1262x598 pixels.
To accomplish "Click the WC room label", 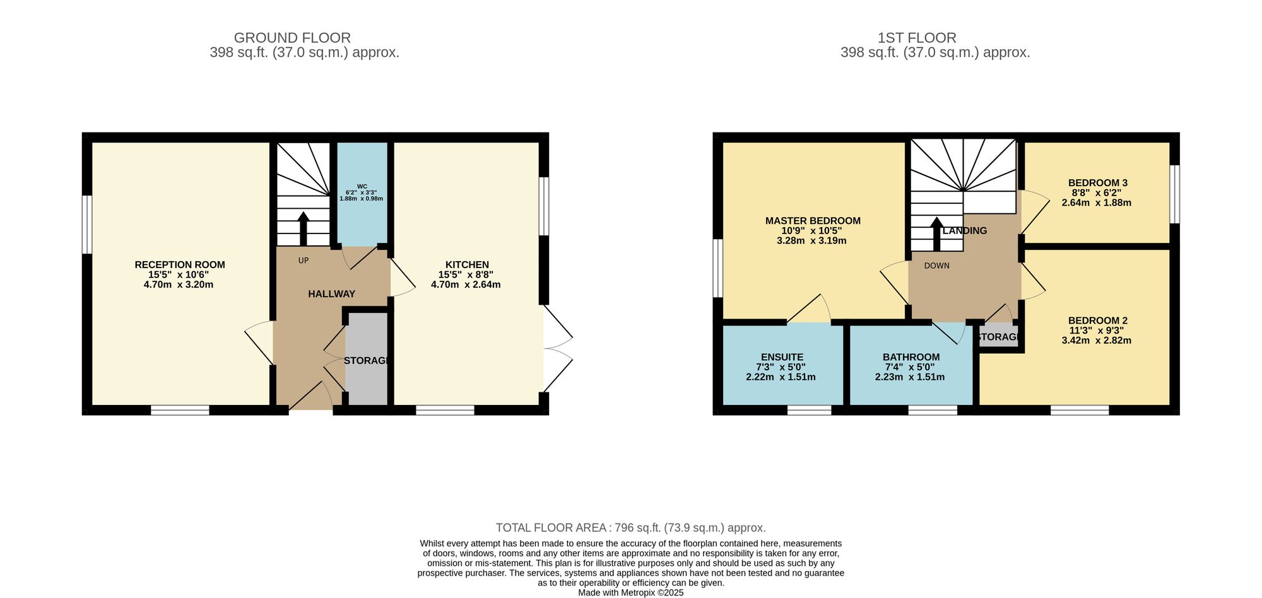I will point(362,186).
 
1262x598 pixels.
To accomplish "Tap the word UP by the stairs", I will point(304,261).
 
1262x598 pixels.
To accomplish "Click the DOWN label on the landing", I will point(936,266).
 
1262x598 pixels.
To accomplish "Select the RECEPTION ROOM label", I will point(180,265).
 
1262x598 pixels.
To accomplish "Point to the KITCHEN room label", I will point(467,265).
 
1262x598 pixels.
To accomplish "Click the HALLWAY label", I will point(331,294).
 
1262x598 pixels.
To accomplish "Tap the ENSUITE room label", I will point(782,357).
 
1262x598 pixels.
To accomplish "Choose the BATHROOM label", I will point(911,357).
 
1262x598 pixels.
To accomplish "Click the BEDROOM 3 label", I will point(1097,183).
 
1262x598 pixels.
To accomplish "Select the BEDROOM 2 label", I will point(1097,320).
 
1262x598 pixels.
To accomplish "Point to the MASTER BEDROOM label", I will point(813,221).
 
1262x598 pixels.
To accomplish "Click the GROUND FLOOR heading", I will point(292,38).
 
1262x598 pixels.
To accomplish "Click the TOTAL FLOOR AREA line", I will point(630,528).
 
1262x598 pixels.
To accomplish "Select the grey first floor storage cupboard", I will point(997,337).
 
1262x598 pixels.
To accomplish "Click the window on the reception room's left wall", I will point(87,225).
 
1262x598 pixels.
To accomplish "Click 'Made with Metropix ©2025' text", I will point(630,593).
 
